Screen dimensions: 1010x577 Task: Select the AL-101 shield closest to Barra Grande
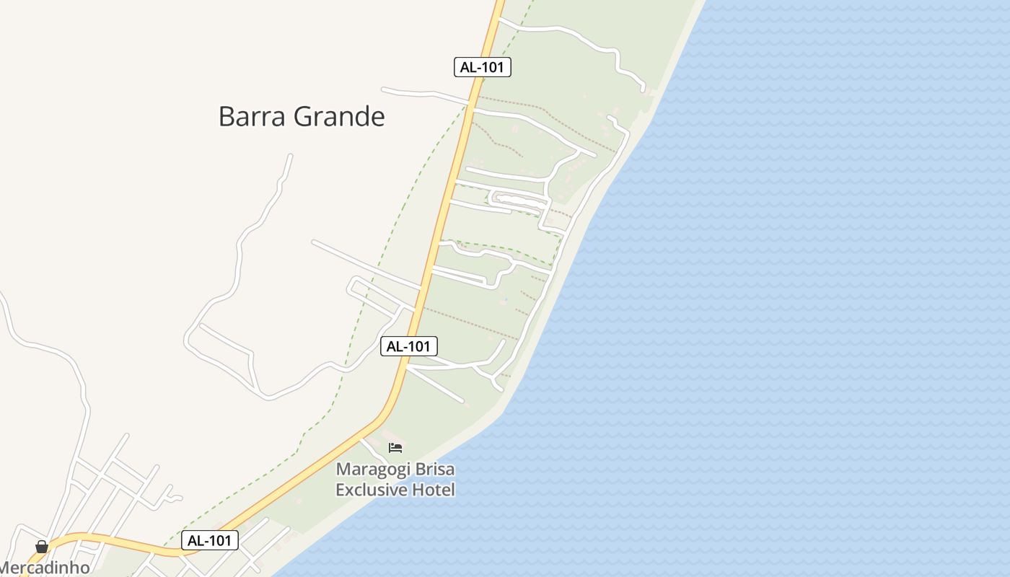(483, 67)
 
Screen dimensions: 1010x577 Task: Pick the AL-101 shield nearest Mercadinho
(209, 540)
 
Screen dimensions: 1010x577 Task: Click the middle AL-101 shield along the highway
(409, 346)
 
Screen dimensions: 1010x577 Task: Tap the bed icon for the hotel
(395, 448)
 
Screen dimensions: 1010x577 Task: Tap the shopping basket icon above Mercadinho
(42, 547)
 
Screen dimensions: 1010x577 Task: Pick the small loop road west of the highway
(375, 295)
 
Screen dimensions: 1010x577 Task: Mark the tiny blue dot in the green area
(506, 299)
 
